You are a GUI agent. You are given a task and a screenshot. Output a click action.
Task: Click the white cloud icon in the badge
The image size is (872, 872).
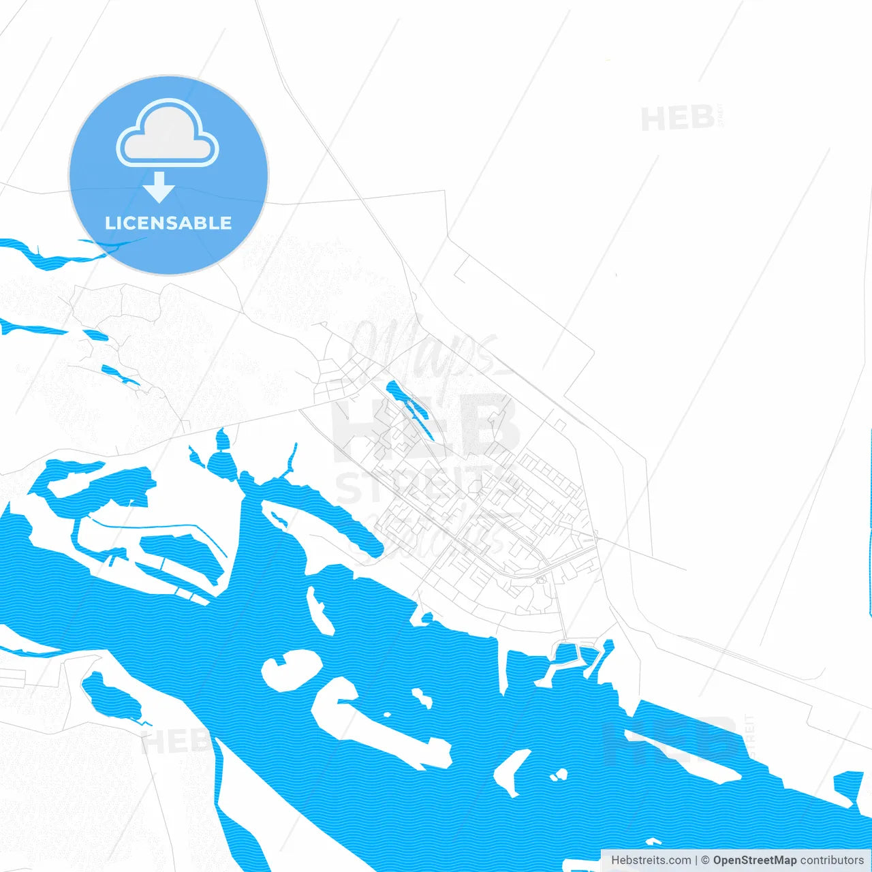coord(168,133)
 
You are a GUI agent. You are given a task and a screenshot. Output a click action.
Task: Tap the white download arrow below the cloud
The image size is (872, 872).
coord(159,187)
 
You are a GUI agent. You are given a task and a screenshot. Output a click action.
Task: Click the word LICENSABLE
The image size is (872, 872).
coord(168,223)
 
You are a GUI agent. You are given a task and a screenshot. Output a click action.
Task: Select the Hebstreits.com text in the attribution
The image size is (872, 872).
coord(651,860)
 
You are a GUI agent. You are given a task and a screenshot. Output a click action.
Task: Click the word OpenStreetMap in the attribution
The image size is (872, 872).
coord(754,860)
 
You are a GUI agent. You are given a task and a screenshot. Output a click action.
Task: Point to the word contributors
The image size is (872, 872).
coord(832,860)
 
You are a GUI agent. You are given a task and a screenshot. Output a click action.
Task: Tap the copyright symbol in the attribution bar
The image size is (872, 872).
coord(705,860)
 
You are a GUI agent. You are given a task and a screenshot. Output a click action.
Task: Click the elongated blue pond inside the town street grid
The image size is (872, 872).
coord(409,409)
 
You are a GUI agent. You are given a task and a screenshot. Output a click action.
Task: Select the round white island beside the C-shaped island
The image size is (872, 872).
coord(292,668)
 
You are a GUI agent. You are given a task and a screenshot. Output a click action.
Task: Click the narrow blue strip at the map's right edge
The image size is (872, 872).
coord(871,518)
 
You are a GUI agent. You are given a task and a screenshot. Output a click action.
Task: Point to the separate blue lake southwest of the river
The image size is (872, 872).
coord(112,698)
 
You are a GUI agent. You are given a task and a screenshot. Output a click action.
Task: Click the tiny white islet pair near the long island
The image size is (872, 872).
coord(559,775)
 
